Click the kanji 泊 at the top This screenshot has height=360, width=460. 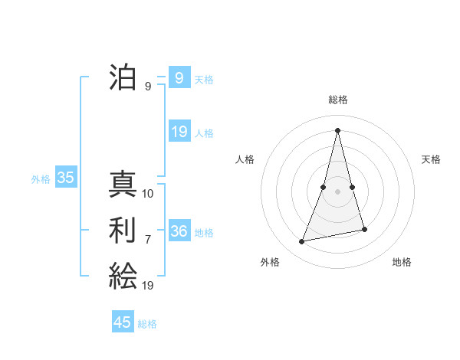click(123, 77)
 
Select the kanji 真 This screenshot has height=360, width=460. click(123, 185)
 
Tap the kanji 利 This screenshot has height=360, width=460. click(123, 231)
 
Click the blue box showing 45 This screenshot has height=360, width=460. click(123, 322)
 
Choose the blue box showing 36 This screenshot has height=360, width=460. click(179, 231)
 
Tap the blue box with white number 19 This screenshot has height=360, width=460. click(179, 132)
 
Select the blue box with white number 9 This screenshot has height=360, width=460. click(179, 77)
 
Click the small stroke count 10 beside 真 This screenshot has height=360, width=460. click(148, 194)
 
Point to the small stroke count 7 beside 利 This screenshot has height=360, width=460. click(148, 240)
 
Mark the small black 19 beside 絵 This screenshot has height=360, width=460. click(148, 286)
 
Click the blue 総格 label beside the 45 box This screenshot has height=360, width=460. click(147, 324)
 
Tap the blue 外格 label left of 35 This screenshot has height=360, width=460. click(41, 179)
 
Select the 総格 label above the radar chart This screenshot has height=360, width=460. click(338, 100)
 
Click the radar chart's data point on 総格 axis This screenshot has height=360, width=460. click(338, 130)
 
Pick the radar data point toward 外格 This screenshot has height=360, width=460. click(302, 242)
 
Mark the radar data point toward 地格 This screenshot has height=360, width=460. click(365, 230)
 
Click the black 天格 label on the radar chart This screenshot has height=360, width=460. click(432, 159)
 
